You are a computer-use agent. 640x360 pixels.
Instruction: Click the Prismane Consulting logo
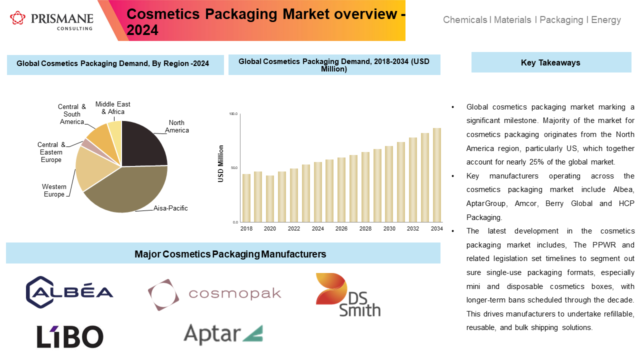tap(51, 20)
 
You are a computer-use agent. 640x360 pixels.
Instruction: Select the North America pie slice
tap(144, 144)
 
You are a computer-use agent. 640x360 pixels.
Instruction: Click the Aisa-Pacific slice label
tap(170, 208)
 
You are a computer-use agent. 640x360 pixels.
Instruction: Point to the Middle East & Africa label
tap(113, 107)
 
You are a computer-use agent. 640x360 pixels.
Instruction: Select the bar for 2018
tap(246, 198)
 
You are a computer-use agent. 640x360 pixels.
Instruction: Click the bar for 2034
tap(437, 175)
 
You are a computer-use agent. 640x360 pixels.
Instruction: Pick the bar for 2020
tap(270, 198)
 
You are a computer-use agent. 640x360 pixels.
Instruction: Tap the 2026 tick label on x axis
tap(341, 228)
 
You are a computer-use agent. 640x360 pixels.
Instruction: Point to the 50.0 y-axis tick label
tap(233, 168)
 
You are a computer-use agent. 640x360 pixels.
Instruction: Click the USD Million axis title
tap(221, 163)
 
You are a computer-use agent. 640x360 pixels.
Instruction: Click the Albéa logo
tap(69, 292)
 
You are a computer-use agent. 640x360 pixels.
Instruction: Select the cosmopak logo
tap(214, 294)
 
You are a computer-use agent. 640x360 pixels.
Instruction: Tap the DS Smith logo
tap(347, 295)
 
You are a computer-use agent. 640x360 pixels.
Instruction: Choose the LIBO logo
tap(70, 336)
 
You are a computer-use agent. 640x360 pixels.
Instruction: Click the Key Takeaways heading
tap(550, 62)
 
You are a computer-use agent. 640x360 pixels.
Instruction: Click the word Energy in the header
tap(606, 20)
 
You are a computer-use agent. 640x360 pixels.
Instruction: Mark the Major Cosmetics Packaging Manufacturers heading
tap(230, 254)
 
